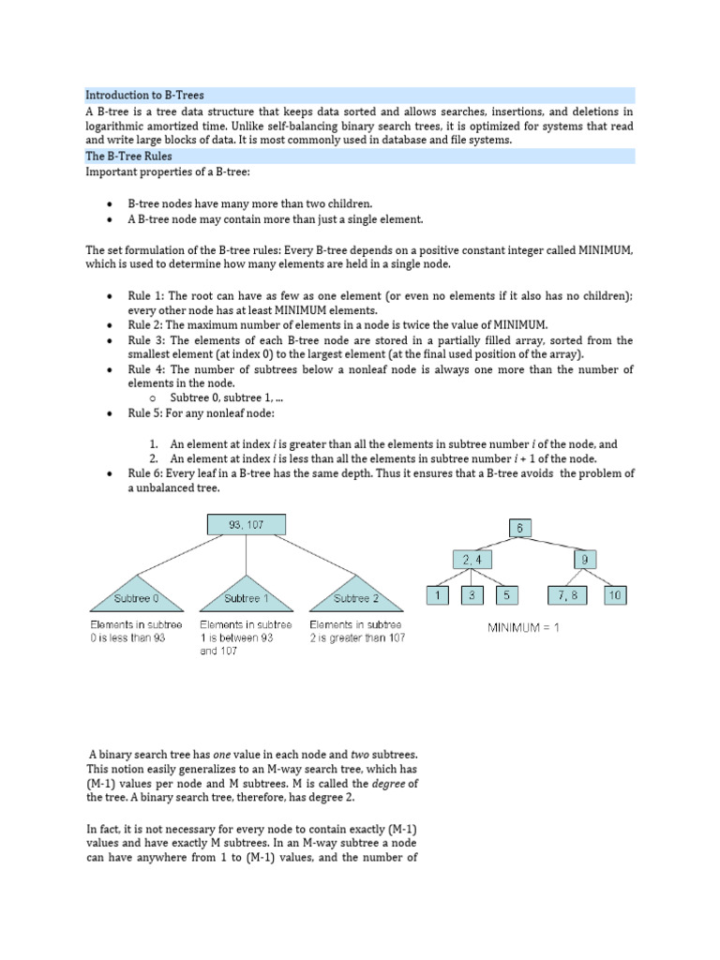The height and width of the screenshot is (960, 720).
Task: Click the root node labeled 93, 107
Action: coord(247,525)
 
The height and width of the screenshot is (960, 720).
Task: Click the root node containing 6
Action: coord(520,528)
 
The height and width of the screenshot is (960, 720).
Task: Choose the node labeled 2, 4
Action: coord(471,561)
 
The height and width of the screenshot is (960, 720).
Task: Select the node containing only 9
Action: coord(583,561)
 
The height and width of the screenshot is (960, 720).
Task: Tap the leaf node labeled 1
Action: coord(438,594)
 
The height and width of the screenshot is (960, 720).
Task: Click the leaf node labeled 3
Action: coord(472,594)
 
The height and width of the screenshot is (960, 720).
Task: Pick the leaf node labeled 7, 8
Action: coord(566,594)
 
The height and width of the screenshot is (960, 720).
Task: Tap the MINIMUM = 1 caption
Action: coord(522,627)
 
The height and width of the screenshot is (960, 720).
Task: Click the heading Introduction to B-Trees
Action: coord(145,96)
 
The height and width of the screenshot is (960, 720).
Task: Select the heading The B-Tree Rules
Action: coord(129,157)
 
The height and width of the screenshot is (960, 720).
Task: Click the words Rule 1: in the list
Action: coord(146,295)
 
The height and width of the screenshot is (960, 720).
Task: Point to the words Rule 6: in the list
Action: coord(146,473)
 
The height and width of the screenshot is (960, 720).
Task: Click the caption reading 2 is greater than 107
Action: coord(356,637)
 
